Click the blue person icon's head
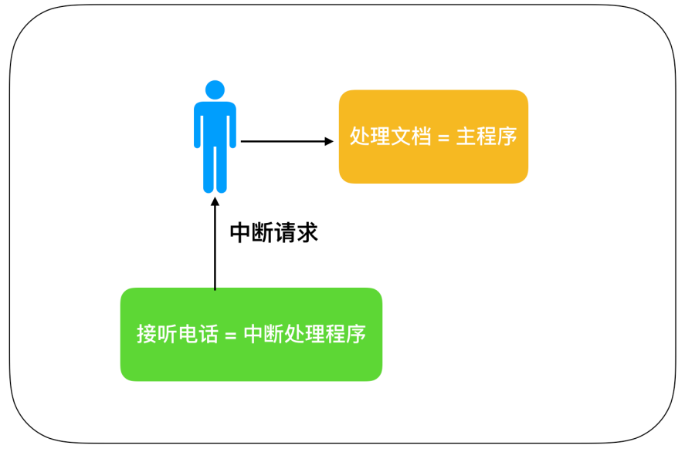click(x=215, y=89)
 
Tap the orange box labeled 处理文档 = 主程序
click(x=433, y=137)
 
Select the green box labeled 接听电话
click(x=251, y=334)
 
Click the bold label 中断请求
click(x=274, y=232)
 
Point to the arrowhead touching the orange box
click(x=329, y=141)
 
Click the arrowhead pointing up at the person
click(x=215, y=202)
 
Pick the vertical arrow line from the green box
click(x=215, y=247)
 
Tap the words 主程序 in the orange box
click(x=487, y=137)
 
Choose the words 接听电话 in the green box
click(x=175, y=335)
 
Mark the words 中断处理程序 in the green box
click(x=304, y=335)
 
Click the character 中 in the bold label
click(x=241, y=232)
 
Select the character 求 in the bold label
click(x=308, y=232)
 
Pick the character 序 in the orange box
click(x=507, y=137)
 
